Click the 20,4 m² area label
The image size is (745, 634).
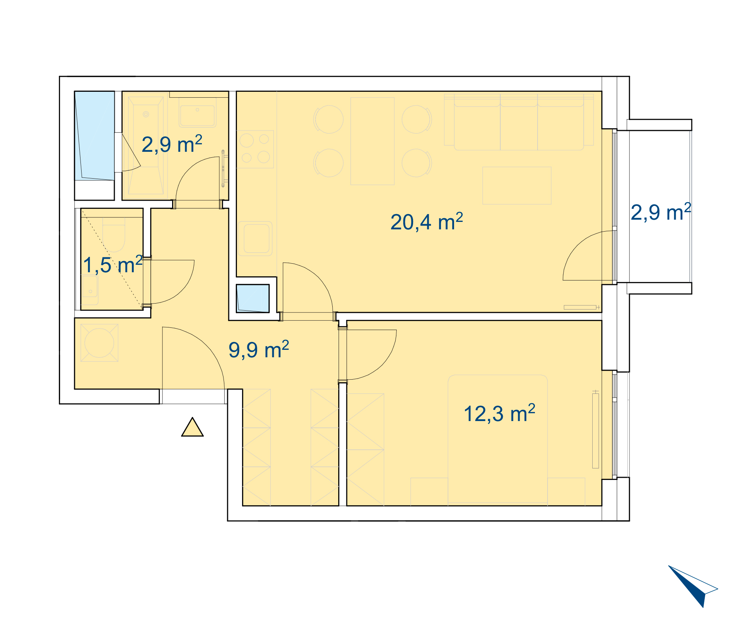tap(427, 222)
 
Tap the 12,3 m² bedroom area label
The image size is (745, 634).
tap(499, 413)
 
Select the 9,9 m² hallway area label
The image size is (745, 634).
tap(259, 349)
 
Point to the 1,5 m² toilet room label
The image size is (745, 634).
tap(112, 264)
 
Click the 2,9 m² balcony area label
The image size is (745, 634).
tap(661, 212)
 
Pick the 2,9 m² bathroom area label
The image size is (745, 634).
tap(172, 144)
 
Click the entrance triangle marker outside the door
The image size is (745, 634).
tap(192, 427)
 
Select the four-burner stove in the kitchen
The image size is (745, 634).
tap(255, 149)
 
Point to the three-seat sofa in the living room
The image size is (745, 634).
tap(519, 122)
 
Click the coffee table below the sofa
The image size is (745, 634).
tap(517, 185)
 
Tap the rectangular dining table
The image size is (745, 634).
tap(372, 141)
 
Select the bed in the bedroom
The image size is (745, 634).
tap(498, 440)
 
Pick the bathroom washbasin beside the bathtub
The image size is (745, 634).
tap(197, 112)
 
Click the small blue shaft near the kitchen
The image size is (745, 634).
tap(253, 298)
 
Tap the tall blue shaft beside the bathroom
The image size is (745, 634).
tap(95, 136)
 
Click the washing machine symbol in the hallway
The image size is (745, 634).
tap(99, 343)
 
